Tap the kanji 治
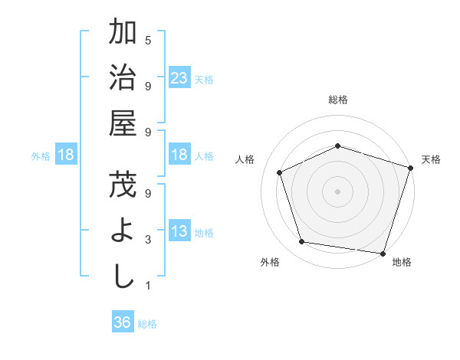123,77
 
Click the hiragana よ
123,231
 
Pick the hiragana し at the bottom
123,277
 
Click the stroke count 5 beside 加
148,40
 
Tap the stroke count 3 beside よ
148,240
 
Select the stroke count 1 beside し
148,286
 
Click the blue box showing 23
179,78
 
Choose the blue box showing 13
179,231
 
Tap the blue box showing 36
122,323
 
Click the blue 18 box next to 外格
66,155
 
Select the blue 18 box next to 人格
179,155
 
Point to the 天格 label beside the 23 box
204,79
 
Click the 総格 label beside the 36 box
147,324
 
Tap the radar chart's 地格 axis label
402,262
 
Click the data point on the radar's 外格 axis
302,242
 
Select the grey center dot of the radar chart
337,191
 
